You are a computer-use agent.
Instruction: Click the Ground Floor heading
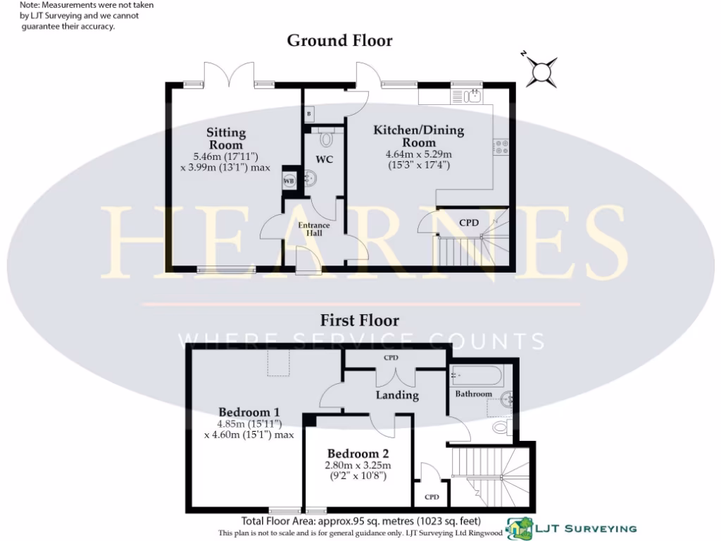[x=339, y=41]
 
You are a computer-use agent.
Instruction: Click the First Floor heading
[x=360, y=321]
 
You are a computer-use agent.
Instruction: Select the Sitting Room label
[x=226, y=138]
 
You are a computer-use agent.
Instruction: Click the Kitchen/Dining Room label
[x=418, y=137]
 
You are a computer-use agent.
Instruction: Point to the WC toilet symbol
[x=325, y=138]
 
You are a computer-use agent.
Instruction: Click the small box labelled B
[x=308, y=114]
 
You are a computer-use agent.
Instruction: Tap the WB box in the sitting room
[x=289, y=181]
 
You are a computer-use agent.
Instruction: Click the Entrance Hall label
[x=313, y=229]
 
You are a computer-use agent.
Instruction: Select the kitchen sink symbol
[x=473, y=95]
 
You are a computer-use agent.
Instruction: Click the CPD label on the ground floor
[x=469, y=223]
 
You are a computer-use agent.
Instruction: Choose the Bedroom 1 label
[x=249, y=413]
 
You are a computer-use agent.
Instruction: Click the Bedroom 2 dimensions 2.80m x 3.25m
[x=358, y=466]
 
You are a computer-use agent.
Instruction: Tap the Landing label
[x=397, y=395]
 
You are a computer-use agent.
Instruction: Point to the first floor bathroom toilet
[x=502, y=427]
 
